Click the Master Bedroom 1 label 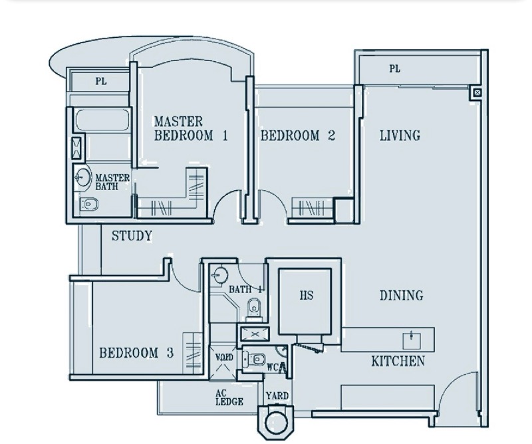pyautogui.click(x=191, y=128)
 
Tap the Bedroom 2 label pyautogui.click(x=298, y=136)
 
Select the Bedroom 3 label pyautogui.click(x=136, y=353)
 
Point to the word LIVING pyautogui.click(x=400, y=135)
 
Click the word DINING pyautogui.click(x=402, y=295)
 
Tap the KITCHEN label pyautogui.click(x=398, y=361)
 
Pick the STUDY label pyautogui.click(x=132, y=236)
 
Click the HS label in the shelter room pyautogui.click(x=307, y=295)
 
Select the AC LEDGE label pyautogui.click(x=229, y=397)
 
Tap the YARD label pyautogui.click(x=277, y=396)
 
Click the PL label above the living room pyautogui.click(x=394, y=69)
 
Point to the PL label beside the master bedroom pyautogui.click(x=101, y=81)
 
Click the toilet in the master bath pyautogui.click(x=89, y=204)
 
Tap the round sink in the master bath pyautogui.click(x=82, y=177)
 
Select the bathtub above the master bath pyautogui.click(x=102, y=120)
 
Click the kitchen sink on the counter pyautogui.click(x=412, y=341)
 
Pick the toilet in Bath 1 pyautogui.click(x=253, y=308)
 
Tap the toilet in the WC pyautogui.click(x=255, y=359)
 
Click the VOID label pyautogui.click(x=224, y=357)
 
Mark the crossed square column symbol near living pyautogui.click(x=477, y=92)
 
